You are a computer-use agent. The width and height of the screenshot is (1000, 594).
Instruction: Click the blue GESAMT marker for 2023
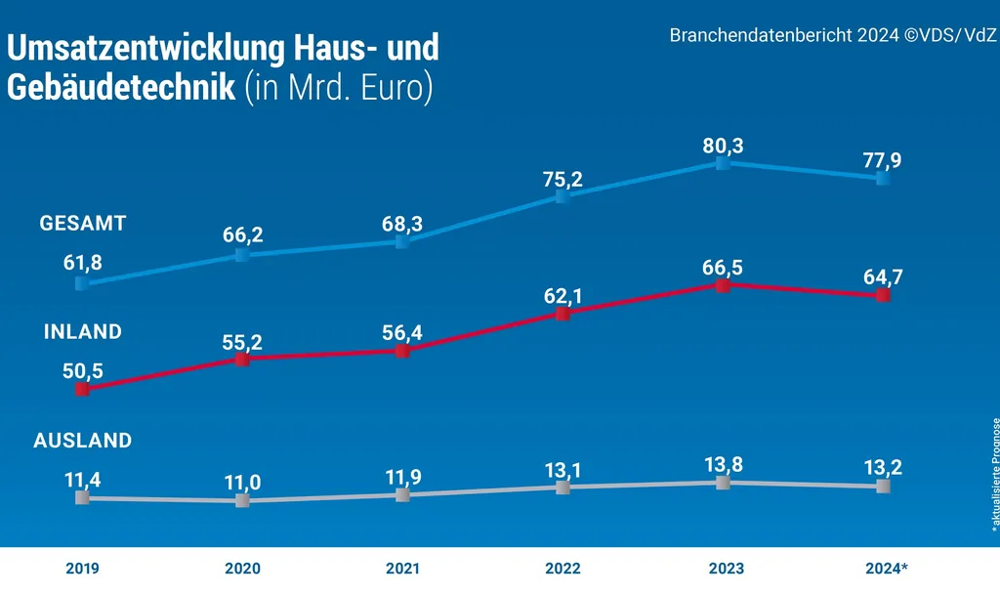[723, 163]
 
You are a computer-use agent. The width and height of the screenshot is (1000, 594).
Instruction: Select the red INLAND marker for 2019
[82, 389]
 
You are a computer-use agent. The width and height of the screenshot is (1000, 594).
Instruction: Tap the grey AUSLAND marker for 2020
[242, 500]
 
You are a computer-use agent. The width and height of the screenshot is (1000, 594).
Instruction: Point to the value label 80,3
[723, 146]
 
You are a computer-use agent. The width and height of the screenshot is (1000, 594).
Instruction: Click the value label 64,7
[883, 276]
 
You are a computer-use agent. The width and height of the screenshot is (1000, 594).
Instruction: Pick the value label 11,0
[242, 483]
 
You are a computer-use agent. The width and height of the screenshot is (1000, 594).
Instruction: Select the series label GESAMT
[83, 224]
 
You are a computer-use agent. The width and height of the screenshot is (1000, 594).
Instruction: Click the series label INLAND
[83, 332]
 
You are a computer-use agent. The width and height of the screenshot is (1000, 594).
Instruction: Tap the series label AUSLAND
[83, 441]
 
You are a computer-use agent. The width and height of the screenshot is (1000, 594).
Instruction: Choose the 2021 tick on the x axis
[402, 569]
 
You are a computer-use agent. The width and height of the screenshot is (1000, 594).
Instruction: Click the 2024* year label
[886, 569]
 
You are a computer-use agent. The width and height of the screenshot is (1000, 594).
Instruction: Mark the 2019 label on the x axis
[82, 569]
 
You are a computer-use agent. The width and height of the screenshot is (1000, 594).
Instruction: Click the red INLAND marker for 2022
[562, 314]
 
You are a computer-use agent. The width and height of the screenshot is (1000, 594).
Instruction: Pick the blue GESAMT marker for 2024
[883, 179]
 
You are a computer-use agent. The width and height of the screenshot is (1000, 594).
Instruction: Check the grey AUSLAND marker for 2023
[723, 483]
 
